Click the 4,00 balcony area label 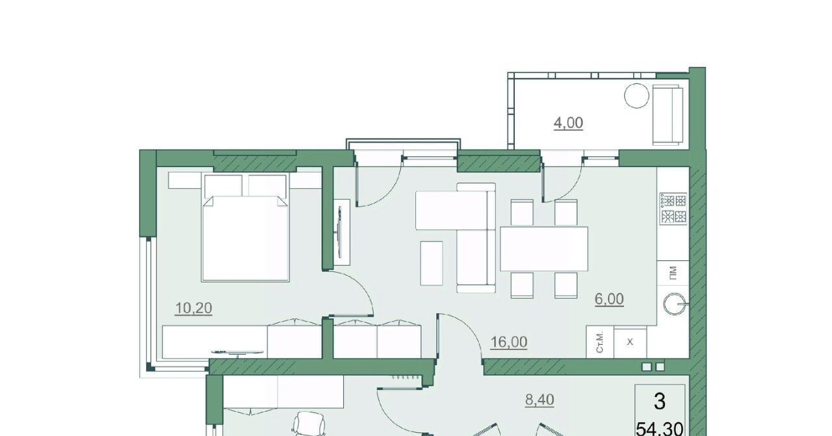tap(568, 123)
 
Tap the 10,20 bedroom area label tap(194, 308)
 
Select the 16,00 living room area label tap(509, 342)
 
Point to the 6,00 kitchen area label tap(609, 299)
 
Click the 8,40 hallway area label tap(539, 400)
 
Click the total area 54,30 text tap(660, 429)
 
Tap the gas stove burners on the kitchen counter tap(673, 209)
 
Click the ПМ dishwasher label tap(673, 273)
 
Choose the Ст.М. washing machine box tap(600, 342)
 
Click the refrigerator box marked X tap(630, 342)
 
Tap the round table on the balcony tap(636, 96)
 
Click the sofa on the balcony tap(668, 115)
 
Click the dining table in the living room tap(544, 249)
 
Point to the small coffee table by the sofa tap(431, 263)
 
